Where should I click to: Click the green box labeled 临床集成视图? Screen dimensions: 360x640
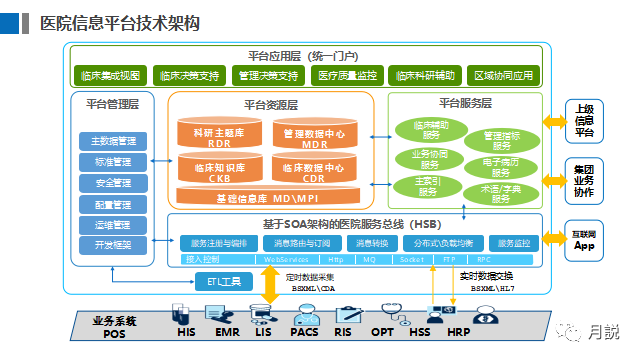(110, 75)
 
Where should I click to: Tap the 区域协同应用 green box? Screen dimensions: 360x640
(504, 75)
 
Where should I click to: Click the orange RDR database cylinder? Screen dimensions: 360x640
(219, 135)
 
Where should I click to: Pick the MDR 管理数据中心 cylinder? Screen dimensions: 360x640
(314, 135)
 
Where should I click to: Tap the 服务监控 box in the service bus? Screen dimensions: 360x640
(515, 243)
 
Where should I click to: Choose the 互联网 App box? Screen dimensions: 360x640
(585, 238)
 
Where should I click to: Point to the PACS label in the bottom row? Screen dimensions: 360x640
(304, 331)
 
